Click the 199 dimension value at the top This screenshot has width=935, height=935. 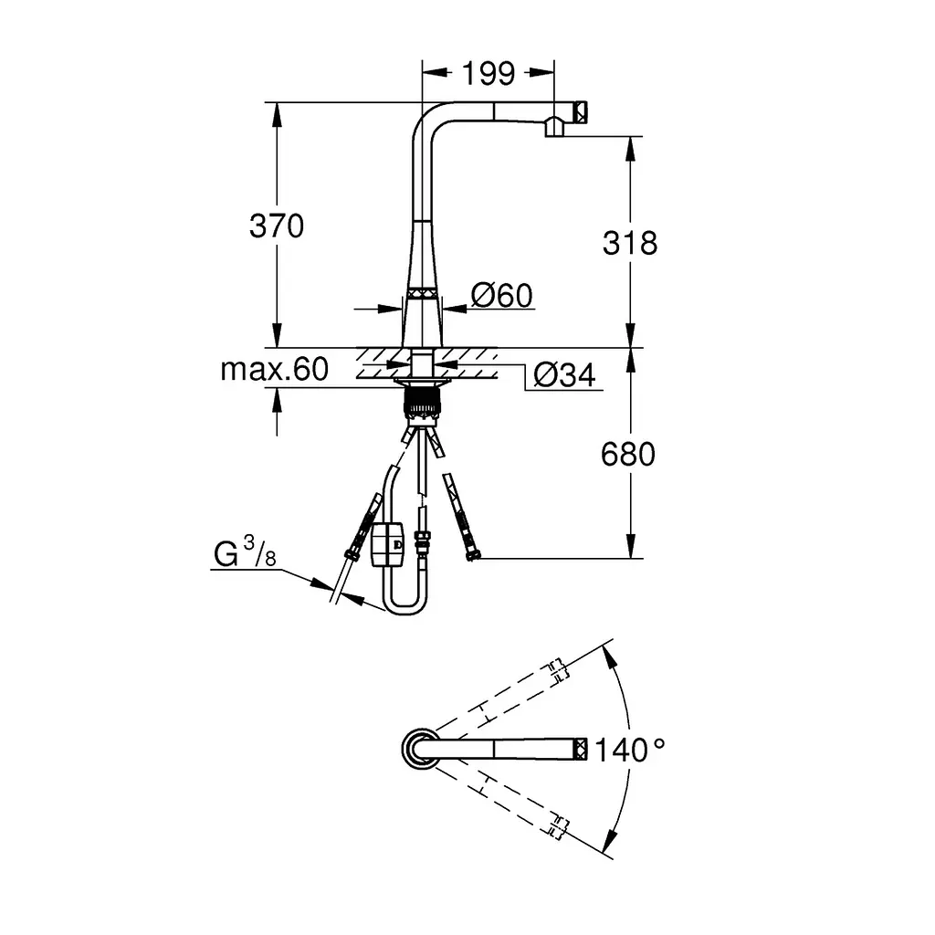489,73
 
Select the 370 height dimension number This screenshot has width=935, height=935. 277,226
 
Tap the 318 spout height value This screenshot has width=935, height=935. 630,243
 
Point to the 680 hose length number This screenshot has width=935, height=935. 628,455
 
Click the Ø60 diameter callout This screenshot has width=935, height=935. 501,295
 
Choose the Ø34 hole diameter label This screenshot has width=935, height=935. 564,375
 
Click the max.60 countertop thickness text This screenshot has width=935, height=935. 274,369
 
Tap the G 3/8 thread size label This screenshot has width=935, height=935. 245,552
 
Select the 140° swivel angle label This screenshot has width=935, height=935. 630,750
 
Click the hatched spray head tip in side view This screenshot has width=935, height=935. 580,112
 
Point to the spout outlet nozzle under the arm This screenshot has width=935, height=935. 554,127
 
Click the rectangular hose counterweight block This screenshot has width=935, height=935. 387,544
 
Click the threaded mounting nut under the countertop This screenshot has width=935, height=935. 422,403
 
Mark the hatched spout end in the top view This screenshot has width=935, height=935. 581,749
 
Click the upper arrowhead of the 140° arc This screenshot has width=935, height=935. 609,658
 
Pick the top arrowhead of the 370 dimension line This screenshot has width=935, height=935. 277,114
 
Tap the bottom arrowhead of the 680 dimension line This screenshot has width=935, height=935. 631,547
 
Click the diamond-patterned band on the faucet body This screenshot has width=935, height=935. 423,293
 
